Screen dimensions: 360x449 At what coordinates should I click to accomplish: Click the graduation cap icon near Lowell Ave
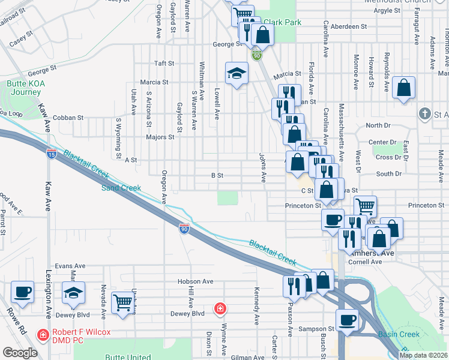(x=237, y=74)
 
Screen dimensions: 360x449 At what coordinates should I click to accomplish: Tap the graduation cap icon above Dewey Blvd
(x=74, y=293)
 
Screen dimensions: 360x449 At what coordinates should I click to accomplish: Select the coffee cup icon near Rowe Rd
(x=23, y=293)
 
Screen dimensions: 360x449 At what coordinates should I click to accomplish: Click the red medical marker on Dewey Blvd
(x=220, y=309)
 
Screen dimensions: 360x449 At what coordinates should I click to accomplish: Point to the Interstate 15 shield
(x=52, y=154)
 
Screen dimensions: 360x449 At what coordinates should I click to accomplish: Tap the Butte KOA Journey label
(x=24, y=88)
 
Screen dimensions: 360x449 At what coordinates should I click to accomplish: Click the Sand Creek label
(x=121, y=188)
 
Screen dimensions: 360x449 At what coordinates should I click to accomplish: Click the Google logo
(x=20, y=353)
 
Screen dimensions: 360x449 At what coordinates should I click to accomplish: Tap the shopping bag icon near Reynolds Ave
(x=404, y=88)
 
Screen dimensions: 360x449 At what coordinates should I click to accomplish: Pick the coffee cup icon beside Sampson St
(x=347, y=320)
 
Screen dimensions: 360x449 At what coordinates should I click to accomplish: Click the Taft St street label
(x=164, y=63)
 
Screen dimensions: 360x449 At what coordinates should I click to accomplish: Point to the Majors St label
(x=160, y=137)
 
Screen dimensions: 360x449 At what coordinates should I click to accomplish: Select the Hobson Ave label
(x=195, y=281)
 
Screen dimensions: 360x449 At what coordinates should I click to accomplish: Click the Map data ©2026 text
(x=422, y=355)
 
